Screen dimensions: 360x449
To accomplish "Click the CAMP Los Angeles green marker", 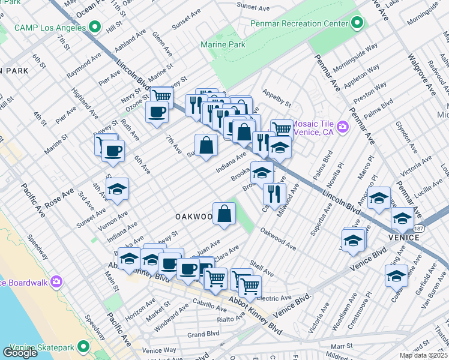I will [94, 27].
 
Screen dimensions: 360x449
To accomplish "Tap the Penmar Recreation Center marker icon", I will [357, 23].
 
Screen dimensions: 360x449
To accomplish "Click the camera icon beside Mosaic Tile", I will [343, 126].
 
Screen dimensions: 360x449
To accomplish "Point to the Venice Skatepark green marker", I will [83, 347].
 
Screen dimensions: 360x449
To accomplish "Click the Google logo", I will [20, 353].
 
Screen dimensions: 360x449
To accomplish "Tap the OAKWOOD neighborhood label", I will [193, 216].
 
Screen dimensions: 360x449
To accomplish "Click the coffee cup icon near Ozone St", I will [157, 112].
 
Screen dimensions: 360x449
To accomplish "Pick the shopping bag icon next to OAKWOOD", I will [224, 213].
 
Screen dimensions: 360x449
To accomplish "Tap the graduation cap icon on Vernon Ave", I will [118, 189].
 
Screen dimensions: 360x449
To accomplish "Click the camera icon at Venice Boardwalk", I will [56, 281].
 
